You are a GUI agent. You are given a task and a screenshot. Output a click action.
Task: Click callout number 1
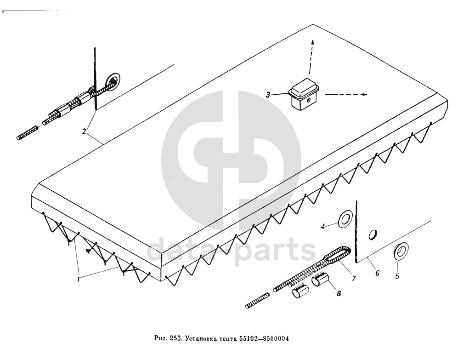tap(79, 279)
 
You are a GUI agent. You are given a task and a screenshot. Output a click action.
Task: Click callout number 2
tap(84, 131)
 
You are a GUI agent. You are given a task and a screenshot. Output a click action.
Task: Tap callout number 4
tap(323, 226)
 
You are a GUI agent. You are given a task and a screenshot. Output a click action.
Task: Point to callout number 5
tap(397, 277)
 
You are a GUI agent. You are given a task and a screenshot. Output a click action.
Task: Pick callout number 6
tap(377, 273)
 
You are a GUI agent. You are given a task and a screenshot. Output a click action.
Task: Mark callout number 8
tap(339, 292)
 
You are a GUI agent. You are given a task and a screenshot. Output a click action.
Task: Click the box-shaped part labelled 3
tap(303, 95)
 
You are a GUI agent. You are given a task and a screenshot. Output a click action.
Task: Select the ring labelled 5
tap(401, 250)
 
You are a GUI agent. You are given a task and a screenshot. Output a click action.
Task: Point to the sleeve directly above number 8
tap(321, 281)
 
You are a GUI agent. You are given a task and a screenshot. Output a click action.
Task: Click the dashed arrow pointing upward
tap(312, 55)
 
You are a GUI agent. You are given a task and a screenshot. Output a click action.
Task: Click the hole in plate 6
tap(373, 234)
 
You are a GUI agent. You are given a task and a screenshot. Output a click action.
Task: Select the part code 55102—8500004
tap(264, 339)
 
